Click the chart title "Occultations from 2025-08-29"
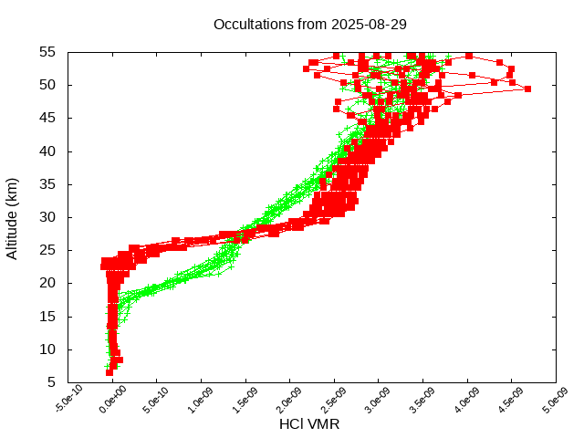pyautogui.click(x=309, y=25)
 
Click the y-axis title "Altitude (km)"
pyautogui.click(x=12, y=218)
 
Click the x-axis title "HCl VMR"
pyautogui.click(x=309, y=424)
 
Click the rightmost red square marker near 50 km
pyautogui.click(x=527, y=89)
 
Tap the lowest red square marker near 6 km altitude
pyautogui.click(x=109, y=372)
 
